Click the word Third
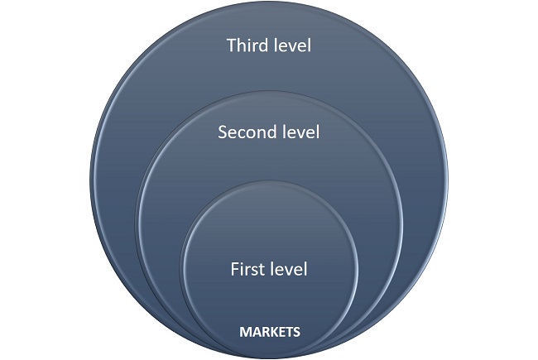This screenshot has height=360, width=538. [251, 45]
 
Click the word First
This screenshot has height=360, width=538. [249, 269]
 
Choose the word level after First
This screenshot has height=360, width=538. [291, 269]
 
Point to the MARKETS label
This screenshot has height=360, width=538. [269, 332]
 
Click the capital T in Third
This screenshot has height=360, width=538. [232, 45]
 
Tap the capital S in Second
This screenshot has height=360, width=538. [222, 132]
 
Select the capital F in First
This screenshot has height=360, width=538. [234, 269]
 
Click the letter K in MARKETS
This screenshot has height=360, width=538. [268, 332]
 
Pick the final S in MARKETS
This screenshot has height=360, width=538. [295, 332]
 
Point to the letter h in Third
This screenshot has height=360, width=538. [243, 45]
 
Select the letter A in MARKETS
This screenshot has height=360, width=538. [252, 332]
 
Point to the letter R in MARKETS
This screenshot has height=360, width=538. [260, 332]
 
